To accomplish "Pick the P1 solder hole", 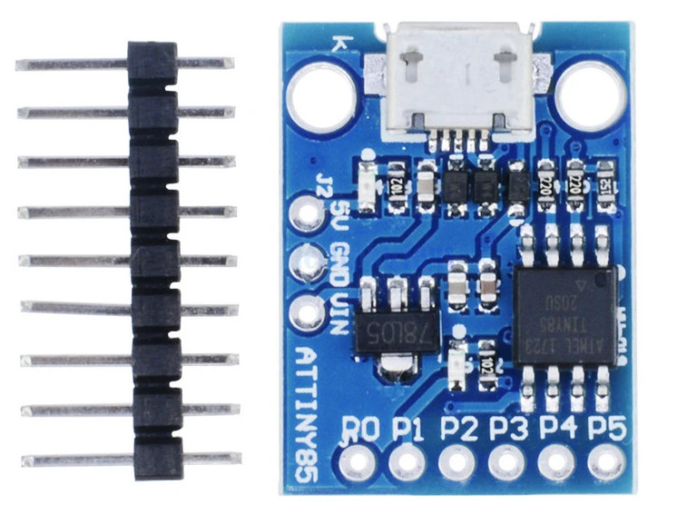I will pos(407,464).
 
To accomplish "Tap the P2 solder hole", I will pos(456,464).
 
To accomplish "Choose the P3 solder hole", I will pos(505,464).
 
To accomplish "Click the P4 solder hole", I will pos(554,464).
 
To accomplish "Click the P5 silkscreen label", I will pos(606,427).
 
